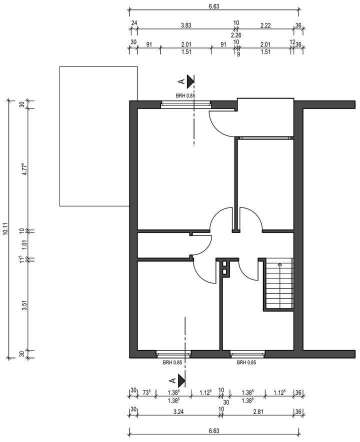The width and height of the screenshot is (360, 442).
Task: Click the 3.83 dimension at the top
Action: point(186,23)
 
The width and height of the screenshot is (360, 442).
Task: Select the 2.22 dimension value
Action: point(265,23)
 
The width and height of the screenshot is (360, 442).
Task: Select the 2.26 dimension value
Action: point(236,35)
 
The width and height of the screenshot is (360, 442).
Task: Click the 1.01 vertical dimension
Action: point(23,244)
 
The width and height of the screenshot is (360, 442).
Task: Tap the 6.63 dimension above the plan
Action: point(213,6)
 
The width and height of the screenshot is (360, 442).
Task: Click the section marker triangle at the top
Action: point(190,80)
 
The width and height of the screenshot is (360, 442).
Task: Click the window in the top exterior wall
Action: point(185,104)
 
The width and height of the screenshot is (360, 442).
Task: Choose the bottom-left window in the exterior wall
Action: point(173,354)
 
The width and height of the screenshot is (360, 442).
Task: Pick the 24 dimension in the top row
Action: point(134,23)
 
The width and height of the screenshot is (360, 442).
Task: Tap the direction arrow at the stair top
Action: point(279,263)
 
